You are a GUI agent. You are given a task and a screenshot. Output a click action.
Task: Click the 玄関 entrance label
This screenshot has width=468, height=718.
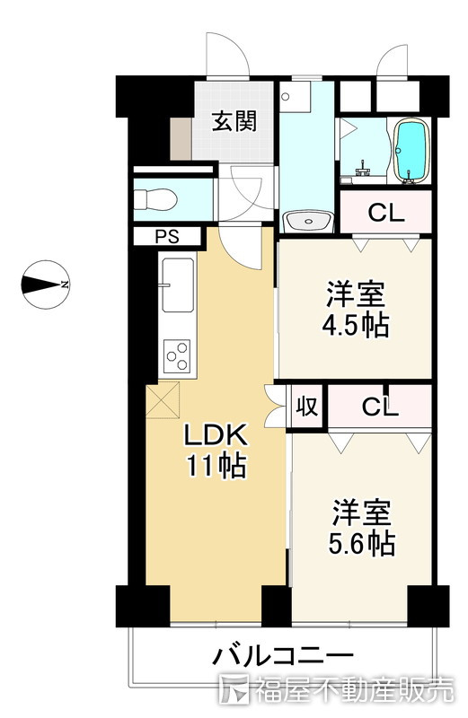click(x=234, y=122)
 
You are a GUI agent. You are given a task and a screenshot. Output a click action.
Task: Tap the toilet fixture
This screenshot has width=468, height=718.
click(x=155, y=199)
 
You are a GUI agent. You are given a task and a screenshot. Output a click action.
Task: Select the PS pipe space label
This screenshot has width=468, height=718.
click(x=167, y=237)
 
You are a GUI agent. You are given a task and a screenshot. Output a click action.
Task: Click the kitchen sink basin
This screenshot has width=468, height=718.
click(x=177, y=285)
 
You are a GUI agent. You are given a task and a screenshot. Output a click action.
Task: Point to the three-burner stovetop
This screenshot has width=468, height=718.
click(x=178, y=355)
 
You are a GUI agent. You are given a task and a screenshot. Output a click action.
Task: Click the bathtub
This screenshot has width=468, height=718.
click(x=411, y=151)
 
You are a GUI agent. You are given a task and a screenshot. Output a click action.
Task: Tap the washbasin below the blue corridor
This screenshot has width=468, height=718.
click(x=308, y=222)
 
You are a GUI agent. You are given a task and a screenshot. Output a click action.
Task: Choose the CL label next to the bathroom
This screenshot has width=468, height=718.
click(x=386, y=213)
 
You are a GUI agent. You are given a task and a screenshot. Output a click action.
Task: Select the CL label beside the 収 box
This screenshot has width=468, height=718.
click(x=380, y=407)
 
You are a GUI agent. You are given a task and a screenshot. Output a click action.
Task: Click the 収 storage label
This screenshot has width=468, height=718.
click(x=306, y=407)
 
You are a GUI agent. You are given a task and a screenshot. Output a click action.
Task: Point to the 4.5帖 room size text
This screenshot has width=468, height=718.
click(x=356, y=326)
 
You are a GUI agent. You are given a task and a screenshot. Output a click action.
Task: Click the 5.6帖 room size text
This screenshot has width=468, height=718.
click(x=362, y=544)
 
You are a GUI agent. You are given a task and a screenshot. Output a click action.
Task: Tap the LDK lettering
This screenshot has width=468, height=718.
click(x=216, y=435)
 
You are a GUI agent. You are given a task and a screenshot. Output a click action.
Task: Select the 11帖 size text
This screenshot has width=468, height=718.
click(x=216, y=466)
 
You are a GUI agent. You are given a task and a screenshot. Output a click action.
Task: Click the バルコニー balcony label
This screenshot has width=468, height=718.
click(x=283, y=656)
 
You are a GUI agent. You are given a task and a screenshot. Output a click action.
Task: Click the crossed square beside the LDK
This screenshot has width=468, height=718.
click(x=163, y=400)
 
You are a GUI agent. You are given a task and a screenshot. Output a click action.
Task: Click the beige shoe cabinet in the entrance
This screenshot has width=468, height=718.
click(x=181, y=138)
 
